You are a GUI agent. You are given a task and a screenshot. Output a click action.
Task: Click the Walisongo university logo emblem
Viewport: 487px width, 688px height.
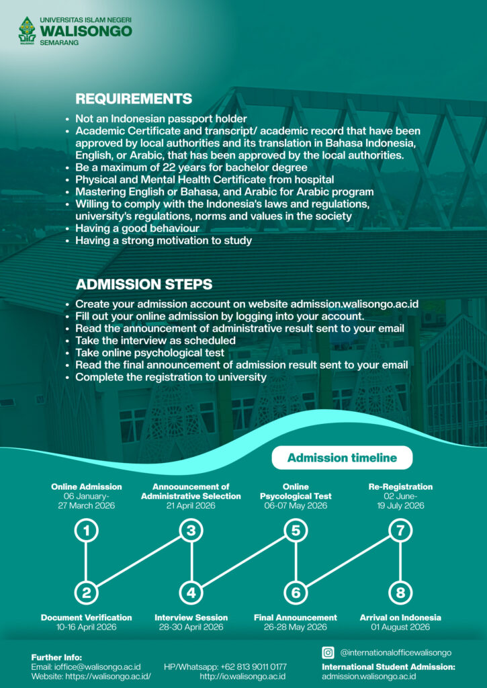point(27,30)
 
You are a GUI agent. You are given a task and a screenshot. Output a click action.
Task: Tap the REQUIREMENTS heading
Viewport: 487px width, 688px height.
point(134,99)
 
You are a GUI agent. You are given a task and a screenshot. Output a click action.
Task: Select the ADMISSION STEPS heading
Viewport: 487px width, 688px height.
point(144,284)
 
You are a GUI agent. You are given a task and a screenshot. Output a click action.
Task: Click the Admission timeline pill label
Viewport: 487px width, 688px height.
point(342,458)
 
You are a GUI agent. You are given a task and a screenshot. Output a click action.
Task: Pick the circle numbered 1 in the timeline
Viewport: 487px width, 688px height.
point(87,531)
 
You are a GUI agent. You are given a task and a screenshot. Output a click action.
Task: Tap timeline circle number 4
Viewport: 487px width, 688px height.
point(191,593)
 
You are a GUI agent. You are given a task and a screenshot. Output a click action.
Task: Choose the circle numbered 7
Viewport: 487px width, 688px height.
point(400,531)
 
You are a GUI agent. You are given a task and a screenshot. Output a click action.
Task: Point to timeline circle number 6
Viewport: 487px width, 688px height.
point(296,593)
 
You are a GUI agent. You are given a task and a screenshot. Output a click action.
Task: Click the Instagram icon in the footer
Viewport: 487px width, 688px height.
point(328,652)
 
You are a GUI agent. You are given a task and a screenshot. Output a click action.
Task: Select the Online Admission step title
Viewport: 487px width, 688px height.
point(87,486)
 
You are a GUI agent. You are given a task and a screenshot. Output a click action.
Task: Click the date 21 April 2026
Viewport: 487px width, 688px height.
point(191,506)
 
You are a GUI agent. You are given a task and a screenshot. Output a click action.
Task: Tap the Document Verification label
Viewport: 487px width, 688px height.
point(87,617)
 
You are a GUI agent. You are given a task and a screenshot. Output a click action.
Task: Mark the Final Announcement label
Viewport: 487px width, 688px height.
point(296,617)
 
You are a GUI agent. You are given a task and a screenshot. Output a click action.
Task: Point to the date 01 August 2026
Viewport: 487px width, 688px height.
point(400,628)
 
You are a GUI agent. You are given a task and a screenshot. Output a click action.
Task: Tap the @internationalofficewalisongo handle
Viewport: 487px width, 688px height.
point(396,652)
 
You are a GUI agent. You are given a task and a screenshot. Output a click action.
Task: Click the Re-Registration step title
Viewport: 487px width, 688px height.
point(400,486)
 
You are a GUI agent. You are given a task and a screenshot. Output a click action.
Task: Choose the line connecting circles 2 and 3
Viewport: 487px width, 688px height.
point(139,562)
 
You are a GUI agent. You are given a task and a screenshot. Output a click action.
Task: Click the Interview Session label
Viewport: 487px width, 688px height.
point(191,617)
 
